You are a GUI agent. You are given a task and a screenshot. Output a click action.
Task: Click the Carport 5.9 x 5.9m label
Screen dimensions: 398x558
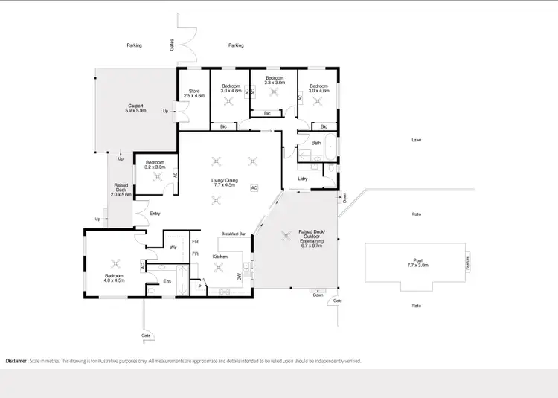click(x=135, y=108)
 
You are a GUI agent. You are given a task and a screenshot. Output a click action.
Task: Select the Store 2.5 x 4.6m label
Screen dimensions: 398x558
click(x=193, y=93)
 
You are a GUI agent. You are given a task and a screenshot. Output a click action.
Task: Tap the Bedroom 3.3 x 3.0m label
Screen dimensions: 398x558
click(x=275, y=80)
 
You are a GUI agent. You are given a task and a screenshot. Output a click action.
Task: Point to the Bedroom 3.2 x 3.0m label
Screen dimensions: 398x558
click(x=155, y=164)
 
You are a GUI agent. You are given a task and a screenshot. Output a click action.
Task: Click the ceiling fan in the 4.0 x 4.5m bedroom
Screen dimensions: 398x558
click(x=115, y=262)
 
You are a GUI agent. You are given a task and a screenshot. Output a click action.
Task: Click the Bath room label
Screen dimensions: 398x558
click(x=316, y=143)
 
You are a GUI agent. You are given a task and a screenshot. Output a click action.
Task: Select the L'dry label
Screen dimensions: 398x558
click(x=304, y=179)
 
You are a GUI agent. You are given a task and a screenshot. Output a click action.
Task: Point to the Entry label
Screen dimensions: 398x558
click(x=155, y=214)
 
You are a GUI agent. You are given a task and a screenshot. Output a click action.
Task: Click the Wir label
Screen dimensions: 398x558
click(x=172, y=248)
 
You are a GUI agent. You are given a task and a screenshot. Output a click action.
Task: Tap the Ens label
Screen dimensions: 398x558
click(x=167, y=280)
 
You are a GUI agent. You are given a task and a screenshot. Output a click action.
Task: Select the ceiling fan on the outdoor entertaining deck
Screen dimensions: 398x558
click(x=284, y=236)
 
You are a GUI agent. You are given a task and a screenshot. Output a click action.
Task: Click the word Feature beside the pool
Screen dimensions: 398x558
click(x=468, y=263)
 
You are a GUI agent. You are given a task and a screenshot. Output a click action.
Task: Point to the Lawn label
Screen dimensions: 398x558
click(x=417, y=140)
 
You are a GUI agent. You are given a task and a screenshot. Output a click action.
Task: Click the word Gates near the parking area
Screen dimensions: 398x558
click(x=171, y=45)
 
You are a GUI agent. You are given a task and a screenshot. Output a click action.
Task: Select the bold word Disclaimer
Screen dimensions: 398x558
click(x=16, y=360)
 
